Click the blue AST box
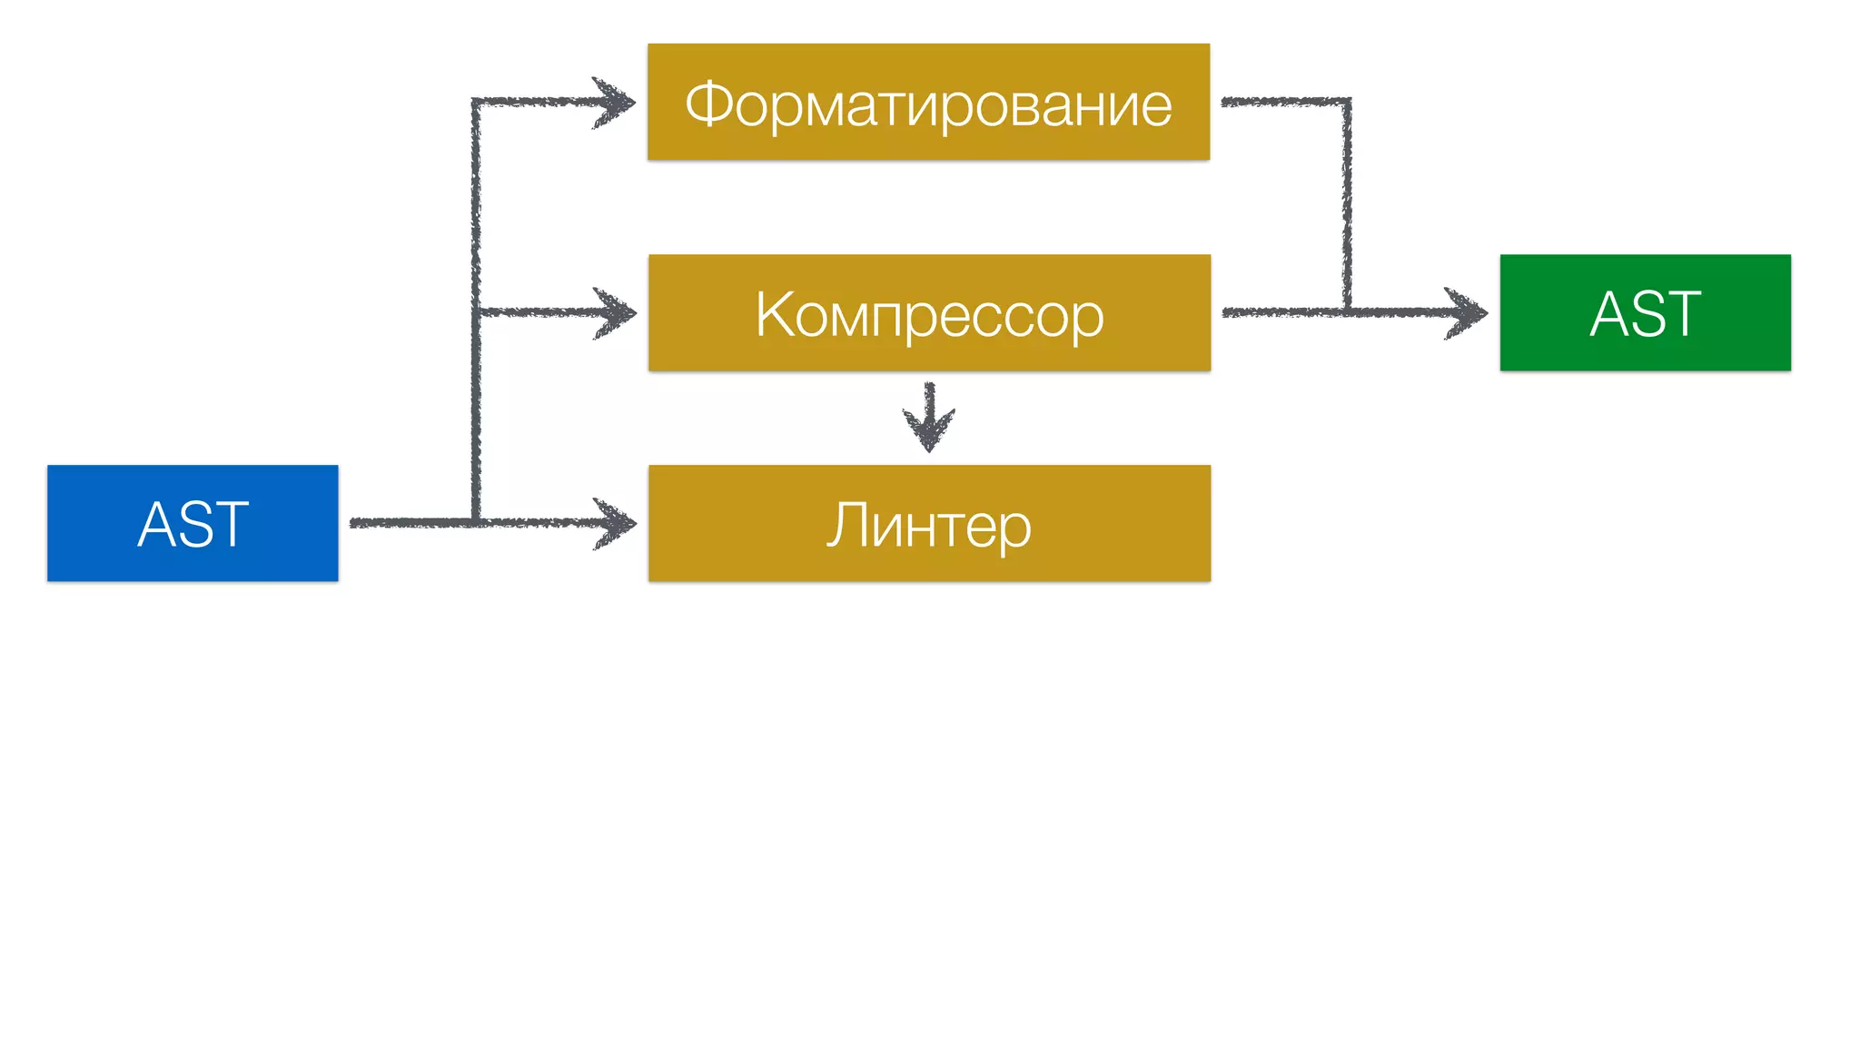click(193, 523)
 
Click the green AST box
click(1645, 312)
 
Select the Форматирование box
click(928, 102)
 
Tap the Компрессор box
click(929, 312)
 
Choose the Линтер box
click(929, 523)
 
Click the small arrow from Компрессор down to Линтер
click(928, 418)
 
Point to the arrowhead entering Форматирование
click(618, 102)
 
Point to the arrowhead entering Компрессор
click(618, 312)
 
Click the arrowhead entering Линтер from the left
click(618, 523)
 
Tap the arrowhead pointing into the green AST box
click(1469, 313)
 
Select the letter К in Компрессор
click(775, 314)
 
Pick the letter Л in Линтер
click(845, 525)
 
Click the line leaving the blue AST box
click(409, 523)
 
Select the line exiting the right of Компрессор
click(1281, 312)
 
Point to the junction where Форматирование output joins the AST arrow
click(1347, 312)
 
